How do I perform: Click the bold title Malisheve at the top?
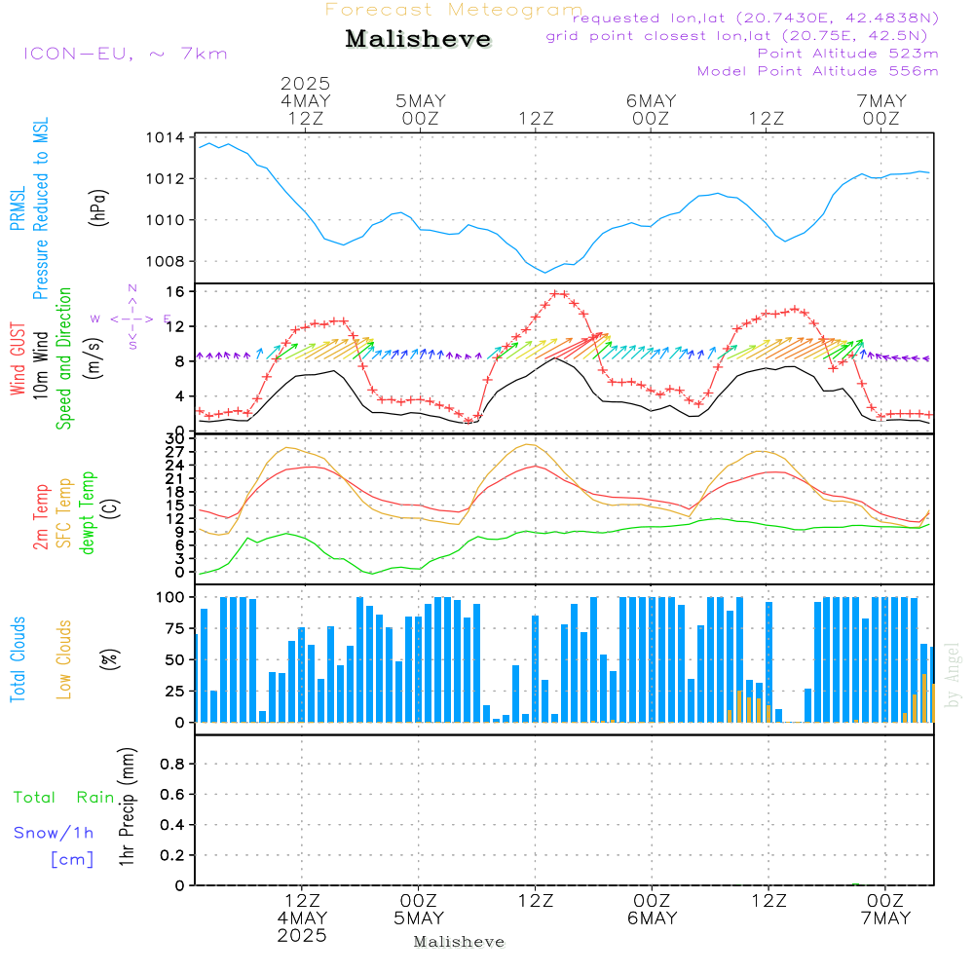click(x=418, y=39)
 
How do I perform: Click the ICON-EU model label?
click(x=126, y=53)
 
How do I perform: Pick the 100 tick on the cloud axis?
click(x=171, y=597)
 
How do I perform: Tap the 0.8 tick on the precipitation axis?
click(x=172, y=765)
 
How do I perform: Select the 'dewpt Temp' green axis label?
click(x=88, y=512)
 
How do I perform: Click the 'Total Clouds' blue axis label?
click(x=19, y=659)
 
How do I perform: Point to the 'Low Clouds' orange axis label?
click(x=64, y=659)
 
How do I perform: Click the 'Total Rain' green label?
click(x=64, y=797)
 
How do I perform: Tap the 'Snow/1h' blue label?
click(x=55, y=833)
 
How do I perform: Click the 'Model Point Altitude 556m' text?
click(x=817, y=70)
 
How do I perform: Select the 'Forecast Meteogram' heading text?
click(x=454, y=10)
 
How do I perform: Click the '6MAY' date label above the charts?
click(x=651, y=100)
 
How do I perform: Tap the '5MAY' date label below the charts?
click(x=419, y=918)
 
